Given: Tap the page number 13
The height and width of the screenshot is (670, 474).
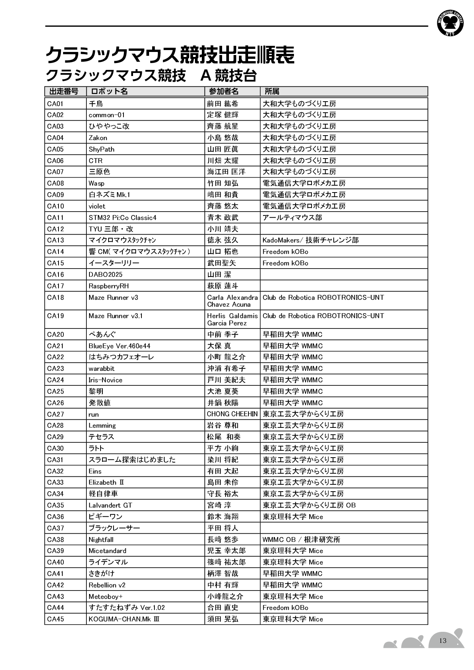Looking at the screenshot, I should click(x=443, y=641).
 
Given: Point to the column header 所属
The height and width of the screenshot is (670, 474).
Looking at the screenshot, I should click(x=272, y=91).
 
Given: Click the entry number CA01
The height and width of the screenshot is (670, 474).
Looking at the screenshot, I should click(x=55, y=104).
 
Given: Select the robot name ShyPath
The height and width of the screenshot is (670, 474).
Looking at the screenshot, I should click(x=102, y=149).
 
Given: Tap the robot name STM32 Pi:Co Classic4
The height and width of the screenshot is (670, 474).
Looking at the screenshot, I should click(x=122, y=218).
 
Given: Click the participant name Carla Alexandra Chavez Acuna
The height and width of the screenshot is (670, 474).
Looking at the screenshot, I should click(x=232, y=301).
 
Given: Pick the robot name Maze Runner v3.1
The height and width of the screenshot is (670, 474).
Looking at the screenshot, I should click(x=115, y=316).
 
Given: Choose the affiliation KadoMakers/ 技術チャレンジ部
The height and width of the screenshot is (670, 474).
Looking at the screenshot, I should click(x=310, y=240).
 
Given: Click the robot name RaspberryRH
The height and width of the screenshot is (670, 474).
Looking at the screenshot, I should click(x=109, y=286).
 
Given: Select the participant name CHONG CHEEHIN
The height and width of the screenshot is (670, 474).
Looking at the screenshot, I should click(x=232, y=414).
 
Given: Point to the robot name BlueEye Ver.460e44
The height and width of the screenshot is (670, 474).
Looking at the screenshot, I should click(x=119, y=346).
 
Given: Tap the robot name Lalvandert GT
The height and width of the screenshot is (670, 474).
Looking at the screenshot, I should click(x=110, y=505).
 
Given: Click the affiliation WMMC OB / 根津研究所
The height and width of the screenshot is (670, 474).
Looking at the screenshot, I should click(x=301, y=540).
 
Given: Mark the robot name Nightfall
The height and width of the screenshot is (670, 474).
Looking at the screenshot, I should click(x=101, y=540).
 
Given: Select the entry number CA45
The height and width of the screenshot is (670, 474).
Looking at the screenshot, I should click(x=55, y=619).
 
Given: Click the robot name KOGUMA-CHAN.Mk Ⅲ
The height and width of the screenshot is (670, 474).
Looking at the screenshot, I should click(x=124, y=619).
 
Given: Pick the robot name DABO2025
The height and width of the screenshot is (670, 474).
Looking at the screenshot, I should click(x=106, y=275).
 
